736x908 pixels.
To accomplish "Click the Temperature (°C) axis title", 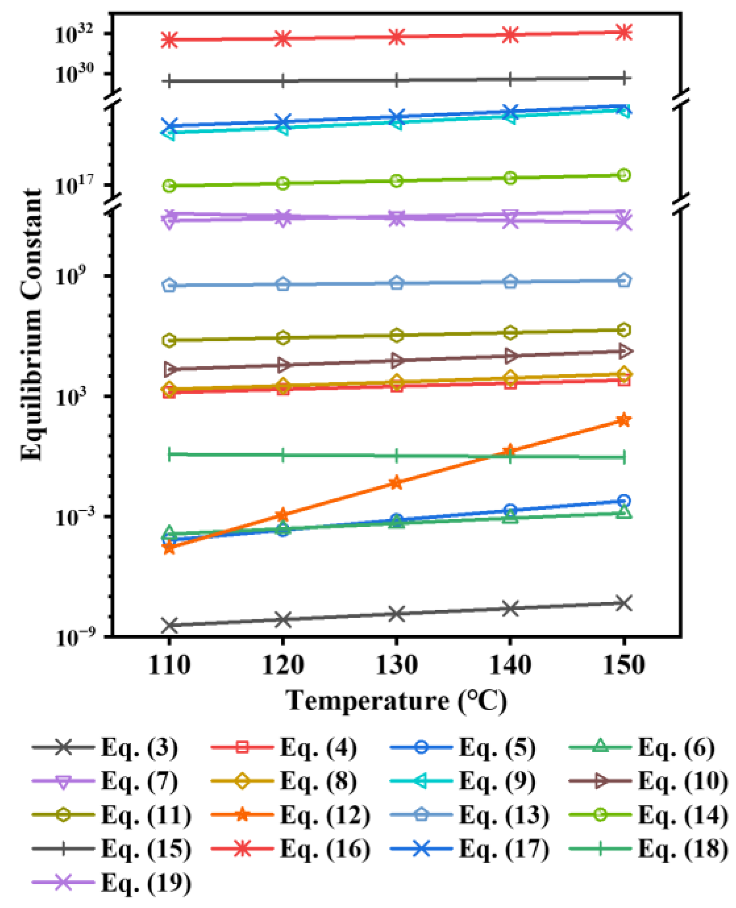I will coord(396,700).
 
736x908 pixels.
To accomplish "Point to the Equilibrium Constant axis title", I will coord(32,325).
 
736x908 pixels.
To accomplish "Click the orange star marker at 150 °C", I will coord(624,420).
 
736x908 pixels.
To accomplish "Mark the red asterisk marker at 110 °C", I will coord(169,39).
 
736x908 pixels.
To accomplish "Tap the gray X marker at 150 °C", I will coord(624,603).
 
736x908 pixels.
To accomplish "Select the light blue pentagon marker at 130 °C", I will coord(396,283).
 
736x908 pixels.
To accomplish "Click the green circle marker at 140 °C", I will coord(510,178).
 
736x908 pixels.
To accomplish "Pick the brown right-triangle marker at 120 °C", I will coord(283,365).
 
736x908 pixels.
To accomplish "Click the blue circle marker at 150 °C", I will coord(624,500).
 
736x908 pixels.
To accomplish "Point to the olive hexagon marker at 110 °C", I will coord(169,340).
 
